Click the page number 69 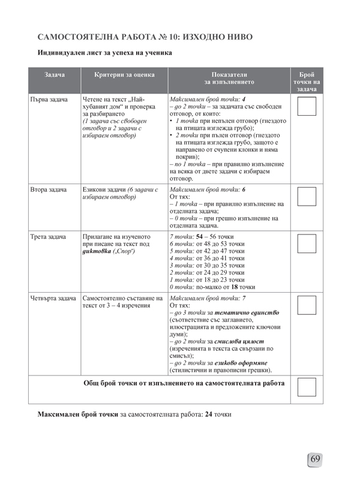click(316, 460)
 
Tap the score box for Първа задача click(307, 106)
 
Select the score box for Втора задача click(307, 197)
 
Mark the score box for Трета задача click(307, 243)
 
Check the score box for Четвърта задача click(307, 305)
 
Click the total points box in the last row click(307, 387)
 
